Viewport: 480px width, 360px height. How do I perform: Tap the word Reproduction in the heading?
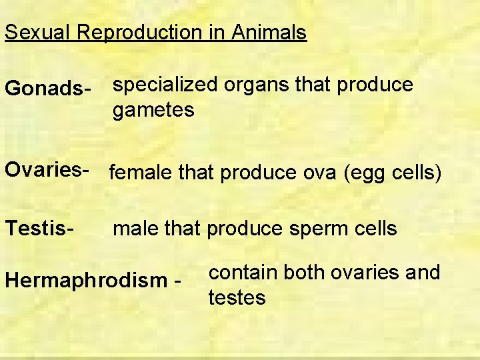140,32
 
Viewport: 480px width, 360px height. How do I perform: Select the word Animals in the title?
269,32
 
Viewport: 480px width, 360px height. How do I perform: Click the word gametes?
153,109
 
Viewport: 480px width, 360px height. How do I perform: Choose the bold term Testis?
38,228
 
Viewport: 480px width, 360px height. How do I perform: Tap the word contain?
243,272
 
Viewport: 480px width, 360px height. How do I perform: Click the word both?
304,272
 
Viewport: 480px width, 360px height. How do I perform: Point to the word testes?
237,297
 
